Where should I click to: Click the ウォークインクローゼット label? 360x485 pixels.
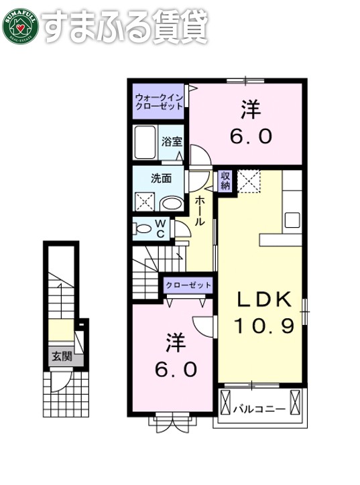pyautogui.click(x=159, y=100)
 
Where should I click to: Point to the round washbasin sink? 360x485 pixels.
pyautogui.click(x=172, y=204)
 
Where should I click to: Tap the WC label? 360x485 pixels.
pyautogui.click(x=162, y=228)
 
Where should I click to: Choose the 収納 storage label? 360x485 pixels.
pyautogui.click(x=226, y=180)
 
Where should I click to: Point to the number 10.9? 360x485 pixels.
pyautogui.click(x=264, y=326)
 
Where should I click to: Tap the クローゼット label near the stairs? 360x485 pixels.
pyautogui.click(x=189, y=285)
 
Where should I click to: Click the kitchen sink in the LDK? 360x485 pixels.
pyautogui.click(x=292, y=220)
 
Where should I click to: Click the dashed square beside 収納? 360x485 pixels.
pyautogui.click(x=250, y=182)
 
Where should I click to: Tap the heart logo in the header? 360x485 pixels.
pyautogui.click(x=20, y=27)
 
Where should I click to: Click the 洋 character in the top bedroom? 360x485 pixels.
pyautogui.click(x=249, y=109)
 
